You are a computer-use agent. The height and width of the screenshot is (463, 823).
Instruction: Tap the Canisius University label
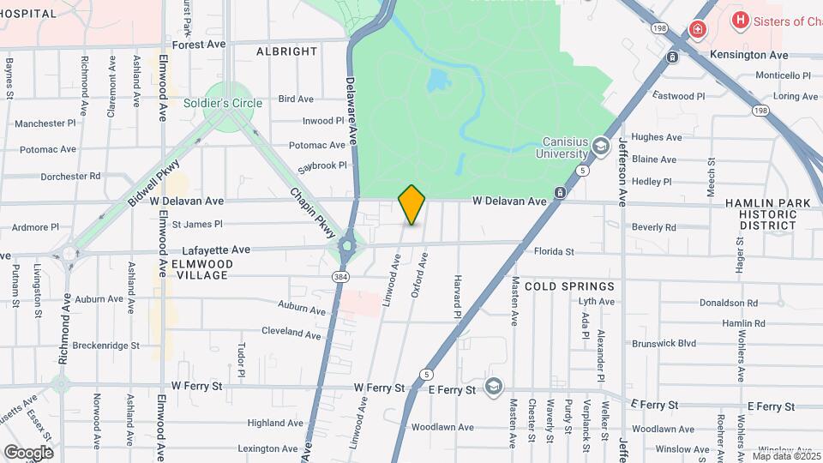pyautogui.click(x=566, y=147)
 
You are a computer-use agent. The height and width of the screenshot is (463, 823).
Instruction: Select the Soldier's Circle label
pyautogui.click(x=223, y=103)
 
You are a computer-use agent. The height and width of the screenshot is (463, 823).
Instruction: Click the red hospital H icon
pyautogui.click(x=739, y=20)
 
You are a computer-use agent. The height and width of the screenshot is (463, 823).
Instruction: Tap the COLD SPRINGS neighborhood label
pyautogui.click(x=569, y=286)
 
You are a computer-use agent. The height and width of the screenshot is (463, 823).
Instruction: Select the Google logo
pyautogui.click(x=28, y=452)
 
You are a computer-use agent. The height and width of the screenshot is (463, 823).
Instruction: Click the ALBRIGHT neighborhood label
pyautogui.click(x=287, y=51)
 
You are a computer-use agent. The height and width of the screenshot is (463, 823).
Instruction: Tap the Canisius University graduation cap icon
pyautogui.click(x=601, y=146)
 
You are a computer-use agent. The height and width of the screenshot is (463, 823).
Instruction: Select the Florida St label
pyautogui.click(x=554, y=252)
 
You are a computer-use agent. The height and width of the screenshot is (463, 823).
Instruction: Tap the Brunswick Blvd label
pyautogui.click(x=664, y=342)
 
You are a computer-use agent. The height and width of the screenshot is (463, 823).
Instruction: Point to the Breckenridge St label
pyautogui.click(x=105, y=346)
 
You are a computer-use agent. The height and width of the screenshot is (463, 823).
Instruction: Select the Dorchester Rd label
pyautogui.click(x=71, y=176)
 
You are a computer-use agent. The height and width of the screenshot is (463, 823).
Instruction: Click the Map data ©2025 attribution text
pyautogui.click(x=783, y=455)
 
